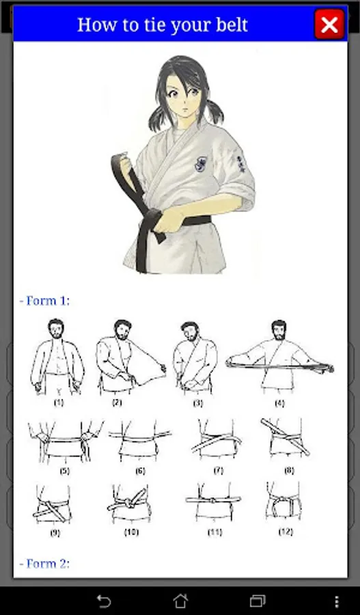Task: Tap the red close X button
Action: pos(329,25)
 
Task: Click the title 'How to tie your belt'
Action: pos(163,25)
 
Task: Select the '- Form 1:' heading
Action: pos(44,301)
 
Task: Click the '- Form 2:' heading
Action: pos(44,564)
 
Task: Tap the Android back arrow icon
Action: pos(104,601)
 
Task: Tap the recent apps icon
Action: pos(258,601)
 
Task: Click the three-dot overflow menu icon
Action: pos(337,601)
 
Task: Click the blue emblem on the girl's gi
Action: pos(200,164)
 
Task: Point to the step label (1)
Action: pos(59,402)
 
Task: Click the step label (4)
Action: pos(279,402)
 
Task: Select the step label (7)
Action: pos(219,470)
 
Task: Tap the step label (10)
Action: pos(131,532)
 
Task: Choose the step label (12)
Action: pos(286,532)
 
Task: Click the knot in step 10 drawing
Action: pos(128,502)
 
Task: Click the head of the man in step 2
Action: pos(123,329)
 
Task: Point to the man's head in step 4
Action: pos(279,330)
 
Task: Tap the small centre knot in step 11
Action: pos(212,500)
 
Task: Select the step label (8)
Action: pos(289,470)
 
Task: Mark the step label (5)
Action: pos(65,471)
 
